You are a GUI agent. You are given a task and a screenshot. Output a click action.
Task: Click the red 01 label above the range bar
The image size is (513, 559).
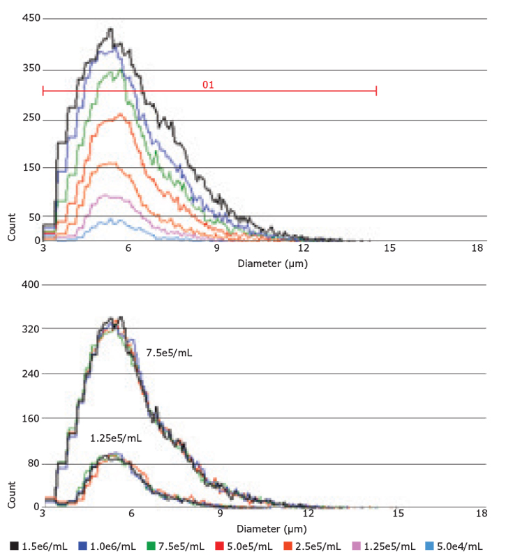[x=207, y=84]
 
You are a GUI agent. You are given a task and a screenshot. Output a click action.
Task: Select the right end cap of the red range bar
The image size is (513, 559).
[x=376, y=91]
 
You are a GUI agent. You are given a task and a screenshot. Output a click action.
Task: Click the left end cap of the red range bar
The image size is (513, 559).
[x=43, y=91]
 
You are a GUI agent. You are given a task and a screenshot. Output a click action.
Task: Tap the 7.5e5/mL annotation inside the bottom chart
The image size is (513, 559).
[x=169, y=353]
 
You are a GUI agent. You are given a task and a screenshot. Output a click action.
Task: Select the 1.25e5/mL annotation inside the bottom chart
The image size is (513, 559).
[x=116, y=438]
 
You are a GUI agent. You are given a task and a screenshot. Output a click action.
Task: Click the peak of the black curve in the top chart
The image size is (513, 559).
[x=110, y=29]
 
